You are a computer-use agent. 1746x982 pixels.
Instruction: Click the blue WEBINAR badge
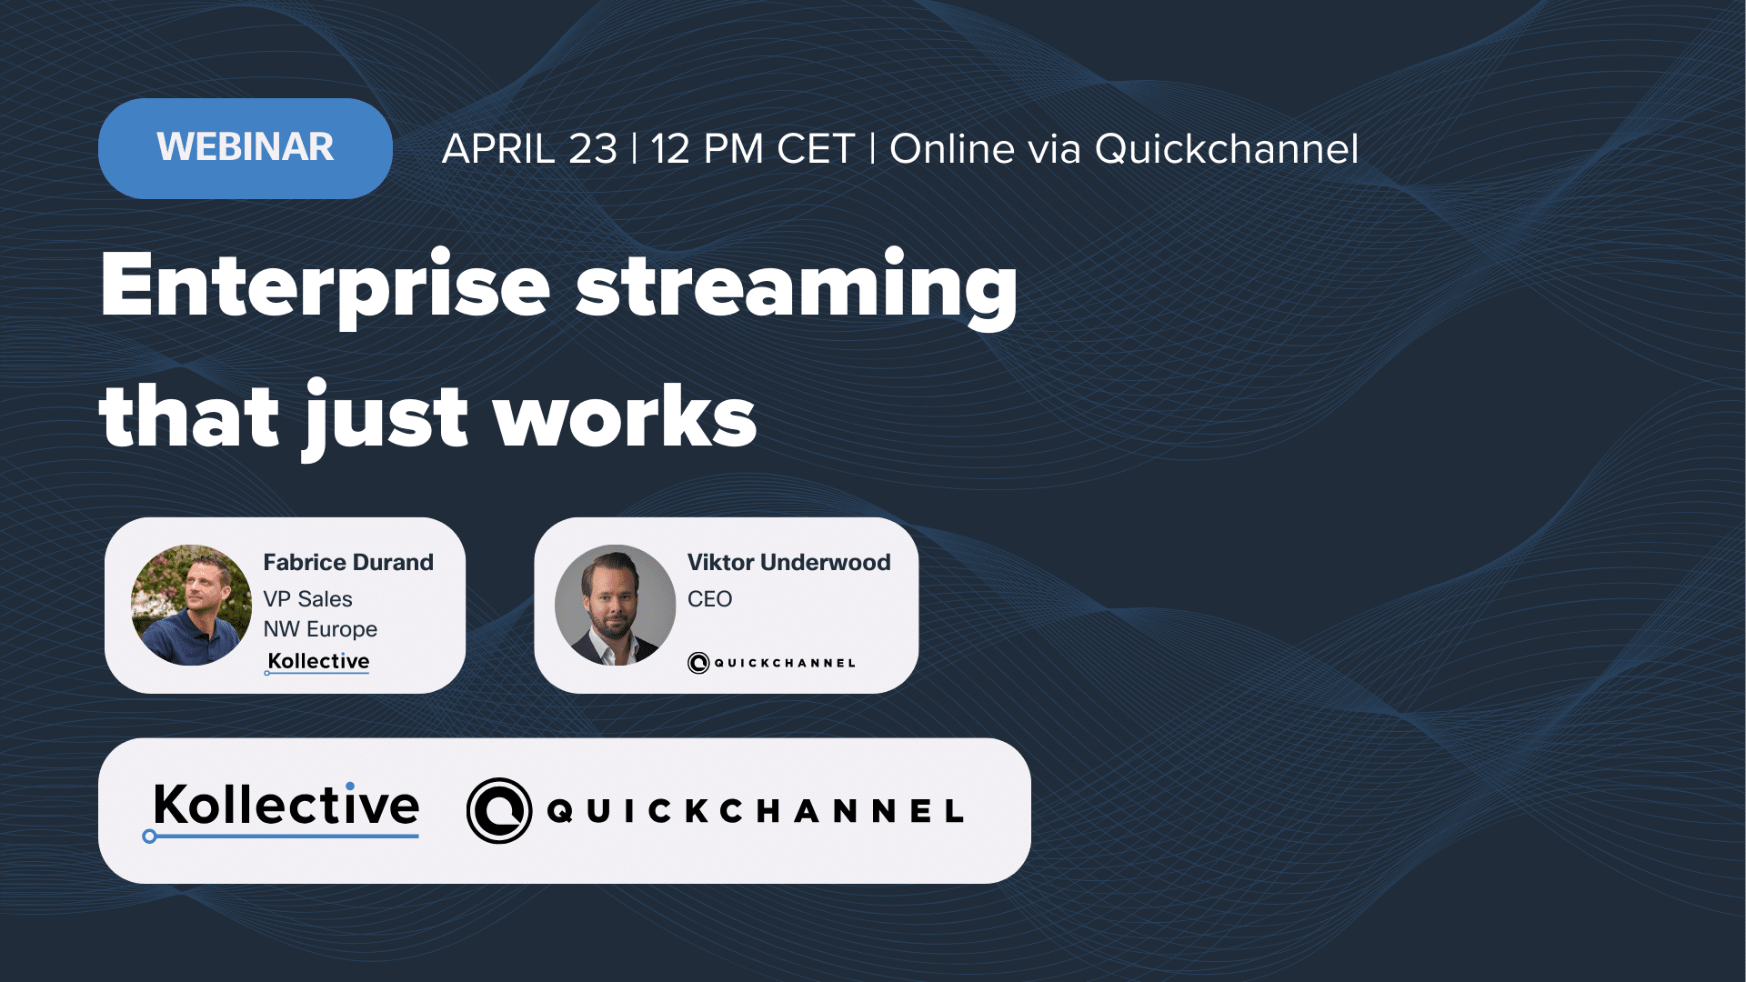coord(245,148)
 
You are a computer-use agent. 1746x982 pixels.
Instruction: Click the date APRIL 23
coord(529,149)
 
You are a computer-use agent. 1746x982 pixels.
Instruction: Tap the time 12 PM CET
coord(753,149)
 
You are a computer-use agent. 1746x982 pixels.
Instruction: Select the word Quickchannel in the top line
coord(1226,149)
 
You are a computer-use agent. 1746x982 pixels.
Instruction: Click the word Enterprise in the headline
coord(325,286)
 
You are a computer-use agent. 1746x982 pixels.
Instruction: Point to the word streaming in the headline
coord(797,286)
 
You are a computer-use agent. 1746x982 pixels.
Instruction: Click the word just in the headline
coord(386,418)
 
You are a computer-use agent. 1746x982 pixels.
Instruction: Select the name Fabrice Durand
coord(348,562)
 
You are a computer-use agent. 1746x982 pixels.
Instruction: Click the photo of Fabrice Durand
coord(191,605)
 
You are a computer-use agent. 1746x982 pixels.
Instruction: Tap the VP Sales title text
coord(307,599)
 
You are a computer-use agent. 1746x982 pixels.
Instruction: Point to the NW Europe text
coord(320,629)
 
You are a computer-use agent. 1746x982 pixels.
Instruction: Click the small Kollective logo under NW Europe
coord(318,661)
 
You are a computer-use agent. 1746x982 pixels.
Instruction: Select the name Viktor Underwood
coord(788,562)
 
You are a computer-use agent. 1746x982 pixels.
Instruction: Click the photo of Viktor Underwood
coord(615,605)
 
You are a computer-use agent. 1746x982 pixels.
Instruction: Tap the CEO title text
coord(709,599)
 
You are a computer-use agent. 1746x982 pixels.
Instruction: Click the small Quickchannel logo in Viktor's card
coord(771,663)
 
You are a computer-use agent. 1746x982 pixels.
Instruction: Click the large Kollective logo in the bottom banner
coord(284,807)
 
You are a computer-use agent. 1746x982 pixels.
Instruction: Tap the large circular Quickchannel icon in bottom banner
coord(498,810)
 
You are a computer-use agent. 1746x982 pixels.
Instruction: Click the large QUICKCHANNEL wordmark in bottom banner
coord(755,811)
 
